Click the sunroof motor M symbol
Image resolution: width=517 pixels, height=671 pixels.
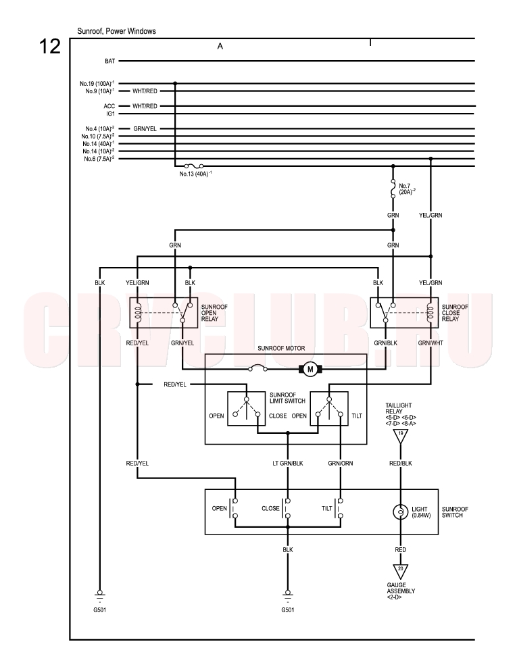[311, 370]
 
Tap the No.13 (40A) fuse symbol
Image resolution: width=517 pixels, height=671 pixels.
[194, 166]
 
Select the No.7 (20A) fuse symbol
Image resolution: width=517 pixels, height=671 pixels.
[393, 189]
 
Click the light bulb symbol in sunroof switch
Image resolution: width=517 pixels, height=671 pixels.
[401, 512]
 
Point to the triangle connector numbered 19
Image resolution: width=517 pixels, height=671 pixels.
[401, 435]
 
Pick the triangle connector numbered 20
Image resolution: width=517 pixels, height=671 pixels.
[401, 570]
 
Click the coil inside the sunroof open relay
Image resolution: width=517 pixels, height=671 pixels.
[137, 313]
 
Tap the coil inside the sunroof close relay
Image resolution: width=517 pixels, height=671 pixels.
[430, 313]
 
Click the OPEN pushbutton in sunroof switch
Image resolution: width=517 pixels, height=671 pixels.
[234, 508]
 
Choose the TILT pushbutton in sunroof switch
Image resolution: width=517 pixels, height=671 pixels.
[339, 508]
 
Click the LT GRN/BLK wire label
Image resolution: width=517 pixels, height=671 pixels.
[288, 463]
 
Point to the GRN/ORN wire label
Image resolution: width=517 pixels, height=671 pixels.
[340, 463]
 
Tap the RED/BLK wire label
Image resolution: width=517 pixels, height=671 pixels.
[401, 463]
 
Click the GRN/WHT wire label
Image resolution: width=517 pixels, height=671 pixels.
[430, 343]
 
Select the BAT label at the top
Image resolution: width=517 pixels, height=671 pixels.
[110, 61]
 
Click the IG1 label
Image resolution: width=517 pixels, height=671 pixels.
[110, 114]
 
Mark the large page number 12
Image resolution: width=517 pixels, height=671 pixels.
[50, 46]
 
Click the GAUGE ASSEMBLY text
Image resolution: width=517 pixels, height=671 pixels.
[401, 588]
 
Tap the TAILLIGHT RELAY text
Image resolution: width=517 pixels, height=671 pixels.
[399, 408]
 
